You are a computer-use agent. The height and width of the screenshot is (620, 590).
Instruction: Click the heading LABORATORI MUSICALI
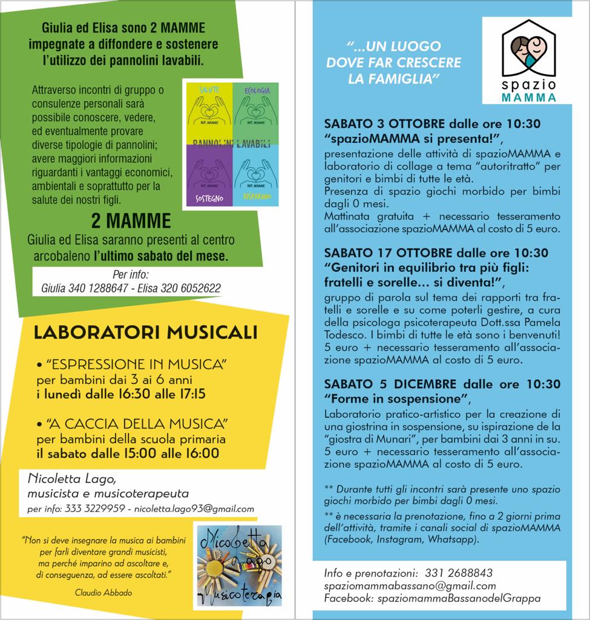145,332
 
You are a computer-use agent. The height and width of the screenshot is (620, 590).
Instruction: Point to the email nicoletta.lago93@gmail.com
194,509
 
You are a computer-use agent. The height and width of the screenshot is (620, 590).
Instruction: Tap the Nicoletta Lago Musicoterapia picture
239,564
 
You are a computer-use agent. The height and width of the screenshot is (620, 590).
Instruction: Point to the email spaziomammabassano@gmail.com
410,585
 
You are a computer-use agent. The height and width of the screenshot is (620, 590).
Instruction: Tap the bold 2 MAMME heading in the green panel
131,219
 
